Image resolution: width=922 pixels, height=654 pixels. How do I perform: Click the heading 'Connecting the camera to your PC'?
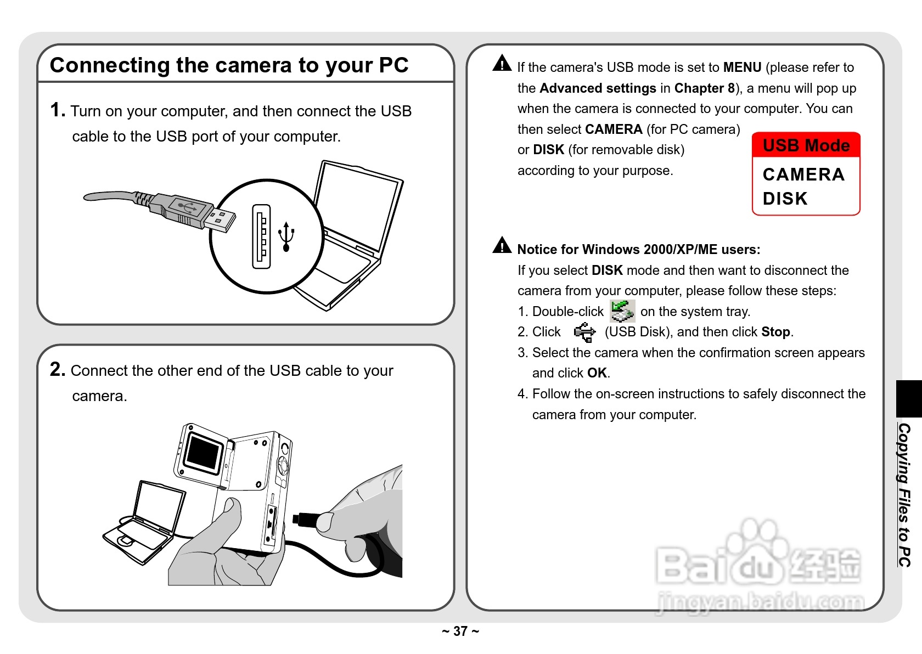(x=229, y=65)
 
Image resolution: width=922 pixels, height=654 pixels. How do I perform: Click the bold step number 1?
(x=57, y=110)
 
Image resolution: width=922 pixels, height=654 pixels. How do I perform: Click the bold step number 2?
(x=57, y=369)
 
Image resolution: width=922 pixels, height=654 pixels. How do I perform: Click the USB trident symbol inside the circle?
(x=286, y=236)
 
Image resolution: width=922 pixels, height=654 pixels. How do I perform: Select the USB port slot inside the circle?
(x=262, y=236)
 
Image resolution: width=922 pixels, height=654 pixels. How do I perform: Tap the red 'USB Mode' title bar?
(x=806, y=145)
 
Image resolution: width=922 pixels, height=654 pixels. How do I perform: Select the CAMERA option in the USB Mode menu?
(x=803, y=174)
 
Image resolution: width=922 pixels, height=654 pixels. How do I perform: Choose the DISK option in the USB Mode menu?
(x=785, y=199)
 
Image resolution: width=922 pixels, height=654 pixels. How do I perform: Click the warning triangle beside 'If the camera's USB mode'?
(x=502, y=64)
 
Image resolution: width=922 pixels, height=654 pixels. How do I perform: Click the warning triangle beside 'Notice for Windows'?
(x=502, y=245)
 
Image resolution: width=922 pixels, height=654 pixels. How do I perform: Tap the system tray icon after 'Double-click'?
(x=622, y=311)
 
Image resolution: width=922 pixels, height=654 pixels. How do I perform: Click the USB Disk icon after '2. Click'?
(x=584, y=332)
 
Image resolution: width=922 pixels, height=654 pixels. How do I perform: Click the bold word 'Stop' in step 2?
(x=775, y=332)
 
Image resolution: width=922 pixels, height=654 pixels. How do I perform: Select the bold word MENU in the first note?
(x=742, y=67)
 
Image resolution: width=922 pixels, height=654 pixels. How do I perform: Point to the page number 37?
(x=460, y=632)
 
